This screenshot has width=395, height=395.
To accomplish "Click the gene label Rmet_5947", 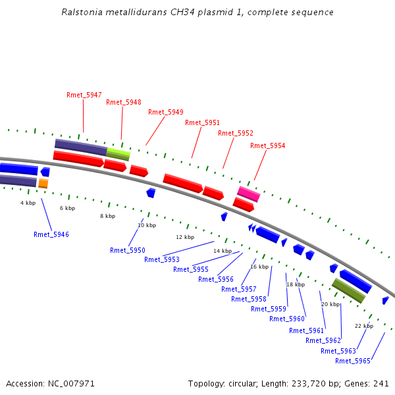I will tap(84, 95).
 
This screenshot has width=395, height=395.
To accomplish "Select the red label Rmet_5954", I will tap(268, 145).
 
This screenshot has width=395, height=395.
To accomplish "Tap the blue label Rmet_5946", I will tap(51, 234).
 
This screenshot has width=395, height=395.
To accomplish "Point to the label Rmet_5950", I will tap(128, 250).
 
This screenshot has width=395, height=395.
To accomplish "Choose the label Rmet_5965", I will tap(353, 361).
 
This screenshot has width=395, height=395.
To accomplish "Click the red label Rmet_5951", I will tap(203, 122).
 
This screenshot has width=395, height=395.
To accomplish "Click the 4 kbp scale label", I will tap(28, 203).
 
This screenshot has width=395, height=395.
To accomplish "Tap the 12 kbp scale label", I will tap(185, 237).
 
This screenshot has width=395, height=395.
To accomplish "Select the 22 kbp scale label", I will tap(364, 326).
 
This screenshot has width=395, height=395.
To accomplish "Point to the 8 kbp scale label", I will tap(107, 216).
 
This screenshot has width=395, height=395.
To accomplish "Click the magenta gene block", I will tap(249, 194).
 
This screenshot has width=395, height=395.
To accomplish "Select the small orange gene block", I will tap(43, 183).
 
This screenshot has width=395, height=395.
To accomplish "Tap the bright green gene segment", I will tap(118, 153).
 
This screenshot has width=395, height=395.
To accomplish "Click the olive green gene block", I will tap(348, 290).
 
